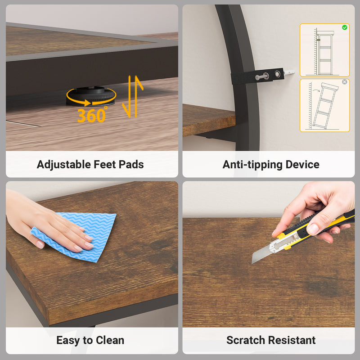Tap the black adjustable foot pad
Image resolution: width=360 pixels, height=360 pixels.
(x=91, y=96)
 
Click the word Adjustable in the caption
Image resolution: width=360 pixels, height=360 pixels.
(x=64, y=165)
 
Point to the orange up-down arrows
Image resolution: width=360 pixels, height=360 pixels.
(x=133, y=96)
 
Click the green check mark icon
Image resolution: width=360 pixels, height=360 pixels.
(x=344, y=27)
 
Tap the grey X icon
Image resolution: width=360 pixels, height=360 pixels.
(x=344, y=82)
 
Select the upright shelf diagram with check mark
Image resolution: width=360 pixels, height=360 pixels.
(x=324, y=50)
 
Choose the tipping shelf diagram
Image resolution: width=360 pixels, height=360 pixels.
(x=324, y=105)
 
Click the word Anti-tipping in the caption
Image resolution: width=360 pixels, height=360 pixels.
(x=252, y=165)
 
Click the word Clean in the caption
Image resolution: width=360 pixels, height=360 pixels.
(x=110, y=340)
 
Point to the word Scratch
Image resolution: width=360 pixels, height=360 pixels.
(x=246, y=340)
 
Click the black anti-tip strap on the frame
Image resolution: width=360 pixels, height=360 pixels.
(x=257, y=76)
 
